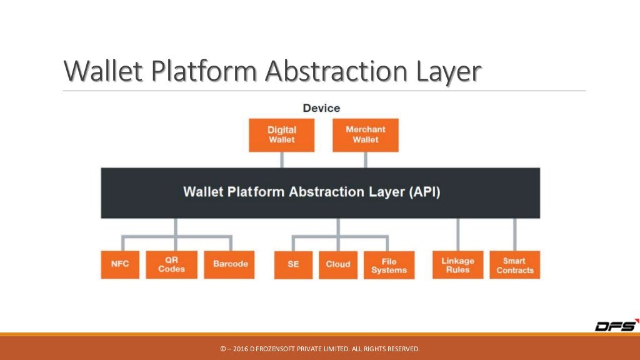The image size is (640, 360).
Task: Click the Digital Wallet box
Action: pyautogui.click(x=281, y=135)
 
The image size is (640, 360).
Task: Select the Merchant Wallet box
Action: pyautogui.click(x=365, y=135)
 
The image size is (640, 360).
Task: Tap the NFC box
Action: pyautogui.click(x=119, y=264)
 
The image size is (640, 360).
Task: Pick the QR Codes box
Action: pyautogui.click(x=171, y=264)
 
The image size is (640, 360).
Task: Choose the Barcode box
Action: pyautogui.click(x=230, y=264)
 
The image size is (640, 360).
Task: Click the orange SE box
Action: pyautogui.click(x=293, y=264)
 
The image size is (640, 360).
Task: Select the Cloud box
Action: pyautogui.click(x=338, y=264)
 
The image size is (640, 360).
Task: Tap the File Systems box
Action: pyautogui.click(x=389, y=265)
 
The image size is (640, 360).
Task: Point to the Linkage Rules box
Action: pyautogui.click(x=458, y=265)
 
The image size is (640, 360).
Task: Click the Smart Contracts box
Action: pyautogui.click(x=515, y=265)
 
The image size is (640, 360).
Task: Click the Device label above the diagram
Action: pyautogui.click(x=321, y=108)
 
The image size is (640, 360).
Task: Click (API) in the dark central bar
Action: pyautogui.click(x=425, y=191)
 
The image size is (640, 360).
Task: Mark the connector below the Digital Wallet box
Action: pyautogui.click(x=281, y=159)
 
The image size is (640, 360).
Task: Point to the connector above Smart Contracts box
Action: pyautogui.click(x=515, y=234)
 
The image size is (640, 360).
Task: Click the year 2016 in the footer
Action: pyautogui.click(x=240, y=348)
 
